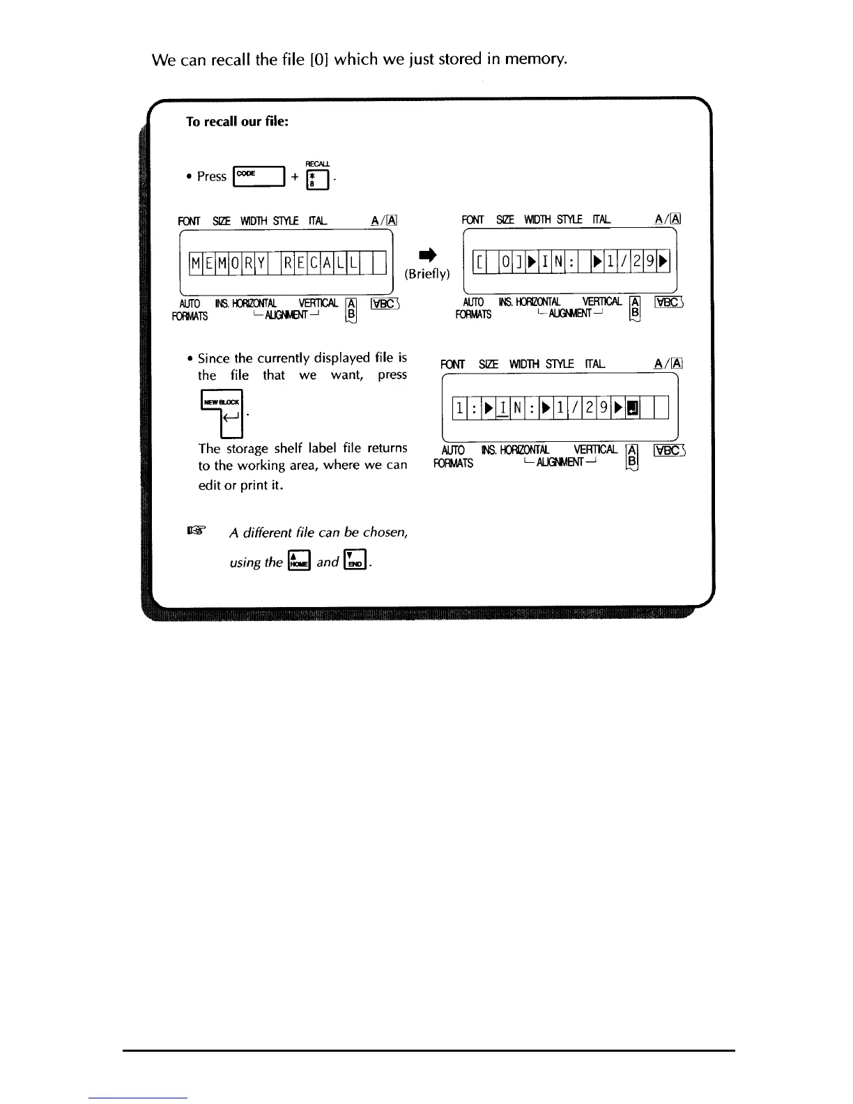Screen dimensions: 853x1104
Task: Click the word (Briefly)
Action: pos(427,274)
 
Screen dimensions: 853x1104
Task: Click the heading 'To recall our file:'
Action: pos(237,121)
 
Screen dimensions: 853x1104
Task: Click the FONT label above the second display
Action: pos(472,220)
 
